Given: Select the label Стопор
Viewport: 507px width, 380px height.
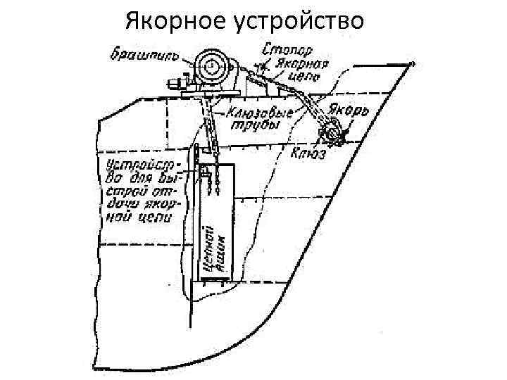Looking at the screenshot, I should point(287,50).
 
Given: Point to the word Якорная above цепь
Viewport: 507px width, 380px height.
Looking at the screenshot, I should point(296,63).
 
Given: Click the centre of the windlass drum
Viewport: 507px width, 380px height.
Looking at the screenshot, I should point(211,66).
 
